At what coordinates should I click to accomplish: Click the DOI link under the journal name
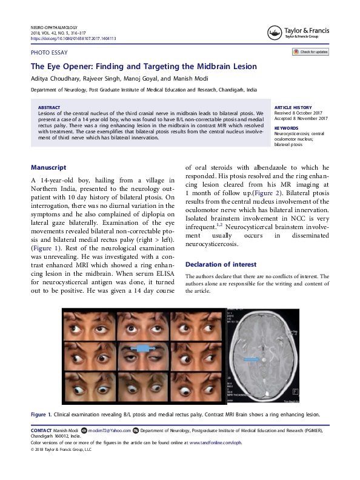[73, 38]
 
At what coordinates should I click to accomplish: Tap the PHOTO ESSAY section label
[48, 53]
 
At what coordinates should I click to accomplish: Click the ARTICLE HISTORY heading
[293, 106]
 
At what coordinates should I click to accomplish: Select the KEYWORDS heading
[286, 128]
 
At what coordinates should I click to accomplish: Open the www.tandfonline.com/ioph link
[216, 442]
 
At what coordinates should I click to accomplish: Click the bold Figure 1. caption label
[41, 414]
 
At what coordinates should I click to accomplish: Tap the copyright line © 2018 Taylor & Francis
[61, 450]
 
